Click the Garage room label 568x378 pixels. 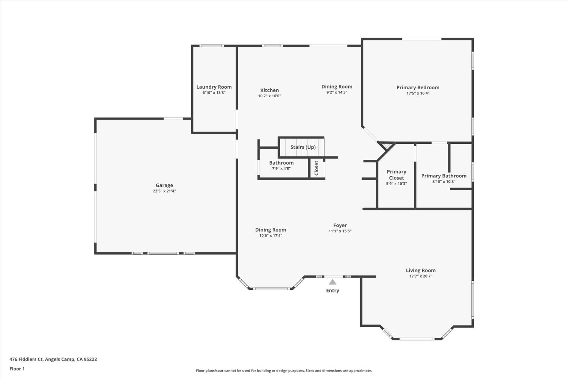tap(164, 185)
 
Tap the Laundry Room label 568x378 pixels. tap(214, 87)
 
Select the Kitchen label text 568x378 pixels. tap(270, 90)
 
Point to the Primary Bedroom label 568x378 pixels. tap(418, 87)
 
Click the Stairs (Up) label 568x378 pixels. tap(303, 147)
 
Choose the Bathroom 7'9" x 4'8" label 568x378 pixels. tap(281, 163)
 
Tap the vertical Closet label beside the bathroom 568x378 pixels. tap(317, 168)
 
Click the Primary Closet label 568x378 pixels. tap(396, 175)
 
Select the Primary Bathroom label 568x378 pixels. tap(444, 176)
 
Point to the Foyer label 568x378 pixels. tap(340, 226)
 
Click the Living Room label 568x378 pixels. tap(421, 271)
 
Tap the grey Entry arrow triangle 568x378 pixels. tap(332, 282)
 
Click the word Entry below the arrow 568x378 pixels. tap(332, 291)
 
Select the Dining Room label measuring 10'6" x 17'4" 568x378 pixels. tap(270, 230)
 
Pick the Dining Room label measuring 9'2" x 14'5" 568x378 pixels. tap(337, 87)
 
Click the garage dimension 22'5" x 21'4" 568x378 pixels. tap(164, 191)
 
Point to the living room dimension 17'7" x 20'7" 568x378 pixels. tap(421, 276)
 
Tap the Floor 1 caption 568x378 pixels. tap(17, 369)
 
